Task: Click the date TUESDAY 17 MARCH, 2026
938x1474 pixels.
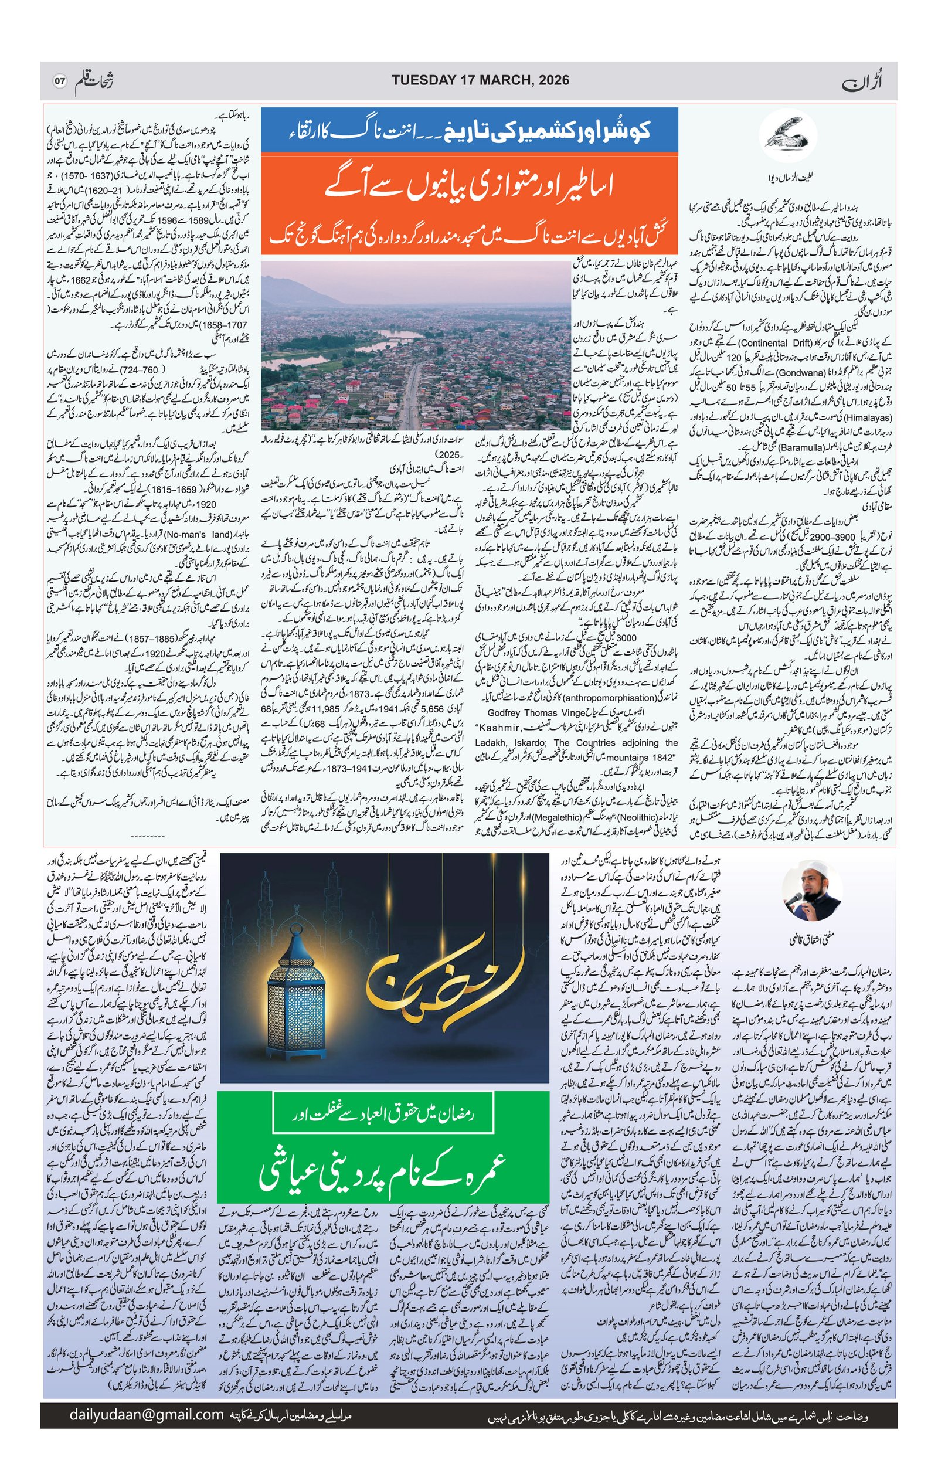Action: pos(480,80)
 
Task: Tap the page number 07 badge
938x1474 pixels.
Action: pos(59,81)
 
